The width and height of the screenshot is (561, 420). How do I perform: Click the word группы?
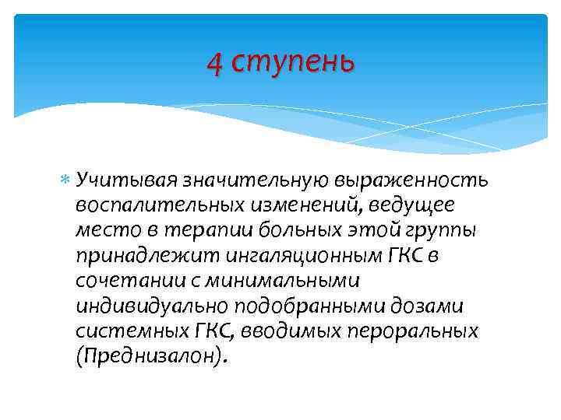pos(442,231)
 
